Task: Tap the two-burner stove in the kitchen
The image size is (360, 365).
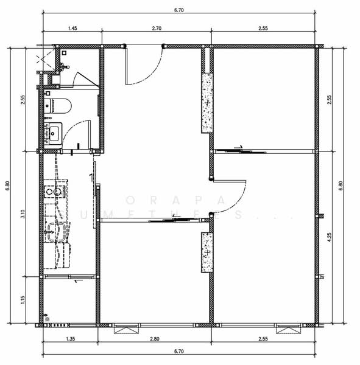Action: point(54,190)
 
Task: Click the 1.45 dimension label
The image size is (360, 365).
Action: point(72,28)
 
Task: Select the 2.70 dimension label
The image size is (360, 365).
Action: point(156,28)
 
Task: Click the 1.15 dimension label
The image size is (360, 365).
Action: point(22,299)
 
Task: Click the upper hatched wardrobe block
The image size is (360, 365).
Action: point(207,103)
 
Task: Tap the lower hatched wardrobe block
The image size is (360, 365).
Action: point(207,252)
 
